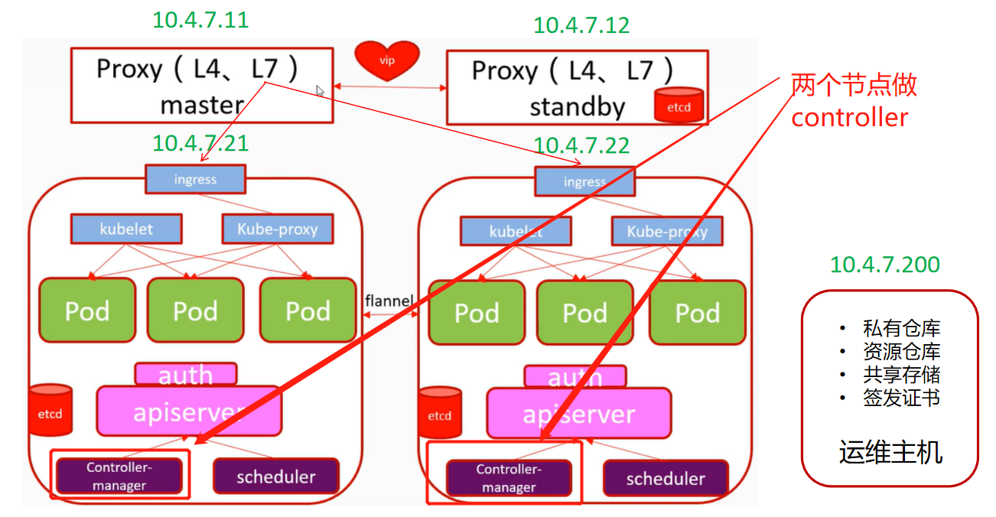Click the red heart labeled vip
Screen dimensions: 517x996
[x=387, y=60]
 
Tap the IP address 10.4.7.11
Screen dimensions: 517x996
[x=200, y=19]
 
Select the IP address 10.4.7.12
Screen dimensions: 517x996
[x=581, y=24]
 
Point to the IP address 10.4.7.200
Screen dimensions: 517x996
[x=885, y=265]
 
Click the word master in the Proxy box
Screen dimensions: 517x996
[x=202, y=105]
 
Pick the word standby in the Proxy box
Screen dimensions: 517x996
[x=577, y=107]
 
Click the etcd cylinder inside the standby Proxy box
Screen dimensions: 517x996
[x=679, y=106]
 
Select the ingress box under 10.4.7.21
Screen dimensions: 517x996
[x=195, y=180]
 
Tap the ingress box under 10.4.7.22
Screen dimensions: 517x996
[x=584, y=182]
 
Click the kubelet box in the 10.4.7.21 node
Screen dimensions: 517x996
[x=126, y=229]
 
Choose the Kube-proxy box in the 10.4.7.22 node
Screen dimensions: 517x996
[x=667, y=232]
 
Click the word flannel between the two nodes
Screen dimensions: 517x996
[x=389, y=301]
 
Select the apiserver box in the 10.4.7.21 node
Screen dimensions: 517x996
[x=188, y=411]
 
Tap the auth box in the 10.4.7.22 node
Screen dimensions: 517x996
[x=574, y=376]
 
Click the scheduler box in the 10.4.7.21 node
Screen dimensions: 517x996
[x=275, y=476]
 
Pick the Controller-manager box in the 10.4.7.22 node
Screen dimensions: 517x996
[x=509, y=478]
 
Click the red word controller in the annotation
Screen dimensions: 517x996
[x=849, y=118]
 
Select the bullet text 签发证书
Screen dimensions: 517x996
[x=901, y=398]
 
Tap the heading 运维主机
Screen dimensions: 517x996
[x=890, y=453]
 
